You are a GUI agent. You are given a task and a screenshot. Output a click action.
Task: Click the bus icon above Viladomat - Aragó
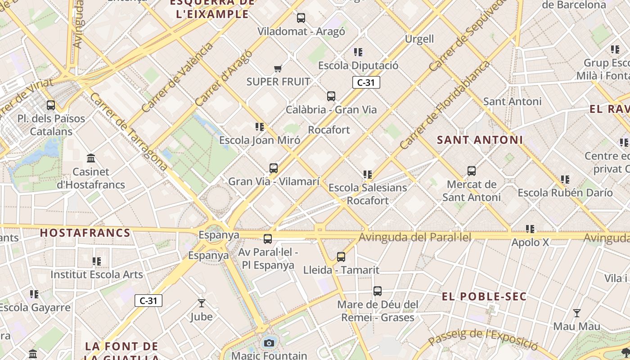(x=301, y=18)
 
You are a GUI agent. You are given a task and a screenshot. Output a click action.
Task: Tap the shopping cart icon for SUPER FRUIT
(x=278, y=69)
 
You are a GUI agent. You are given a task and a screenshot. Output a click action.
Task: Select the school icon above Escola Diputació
(x=358, y=52)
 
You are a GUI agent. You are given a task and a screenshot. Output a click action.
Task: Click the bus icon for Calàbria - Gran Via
(x=331, y=96)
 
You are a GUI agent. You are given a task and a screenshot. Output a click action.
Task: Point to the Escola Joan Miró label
(x=260, y=140)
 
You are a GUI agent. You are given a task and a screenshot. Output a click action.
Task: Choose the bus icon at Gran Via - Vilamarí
(x=274, y=168)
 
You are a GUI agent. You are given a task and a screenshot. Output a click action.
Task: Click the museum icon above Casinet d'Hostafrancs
(x=91, y=158)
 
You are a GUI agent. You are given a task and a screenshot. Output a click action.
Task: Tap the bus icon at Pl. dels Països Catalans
(x=51, y=105)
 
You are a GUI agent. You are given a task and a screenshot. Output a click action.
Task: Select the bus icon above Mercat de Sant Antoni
(x=472, y=171)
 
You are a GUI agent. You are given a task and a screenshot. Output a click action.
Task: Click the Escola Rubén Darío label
(x=565, y=193)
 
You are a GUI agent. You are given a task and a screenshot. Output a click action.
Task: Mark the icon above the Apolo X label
(x=530, y=229)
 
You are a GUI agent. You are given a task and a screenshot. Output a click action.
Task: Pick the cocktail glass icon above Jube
(x=201, y=303)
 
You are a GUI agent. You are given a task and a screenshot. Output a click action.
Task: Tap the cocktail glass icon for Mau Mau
(x=576, y=313)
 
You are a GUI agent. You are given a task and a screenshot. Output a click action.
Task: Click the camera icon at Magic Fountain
(x=269, y=343)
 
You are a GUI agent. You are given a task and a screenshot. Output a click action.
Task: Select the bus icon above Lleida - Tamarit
(x=341, y=257)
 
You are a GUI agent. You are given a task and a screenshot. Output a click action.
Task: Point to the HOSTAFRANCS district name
(x=85, y=233)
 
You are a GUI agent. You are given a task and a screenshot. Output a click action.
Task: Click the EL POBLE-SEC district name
(x=484, y=297)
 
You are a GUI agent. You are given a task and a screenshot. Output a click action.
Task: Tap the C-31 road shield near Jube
(x=148, y=301)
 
